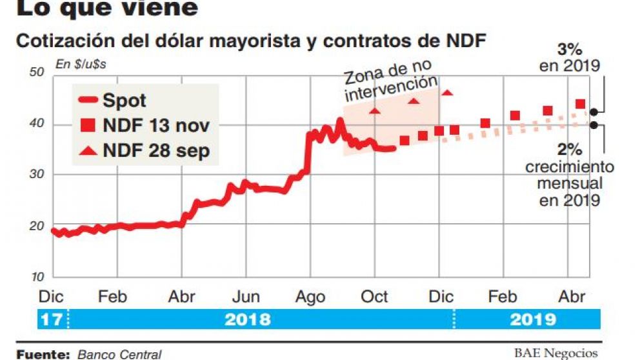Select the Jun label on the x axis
point(245,297)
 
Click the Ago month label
point(310,297)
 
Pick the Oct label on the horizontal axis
point(374,297)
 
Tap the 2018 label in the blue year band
point(248,319)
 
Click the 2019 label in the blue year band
point(532,319)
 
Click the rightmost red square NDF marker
point(580,104)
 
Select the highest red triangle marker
point(447,92)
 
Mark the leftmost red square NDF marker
point(405,140)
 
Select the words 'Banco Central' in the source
point(119,354)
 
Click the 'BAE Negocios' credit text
point(555,353)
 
